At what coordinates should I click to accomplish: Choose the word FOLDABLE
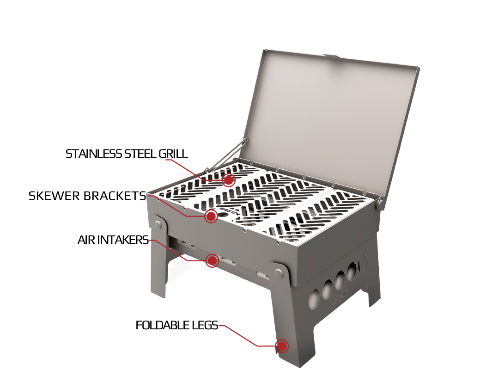point(163,325)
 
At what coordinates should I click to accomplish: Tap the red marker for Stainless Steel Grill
point(228,180)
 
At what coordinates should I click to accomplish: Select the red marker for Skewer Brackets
point(211,216)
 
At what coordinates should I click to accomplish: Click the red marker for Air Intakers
point(212,260)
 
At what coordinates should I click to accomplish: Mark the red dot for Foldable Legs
point(281,346)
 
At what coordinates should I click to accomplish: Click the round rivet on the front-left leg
point(158,224)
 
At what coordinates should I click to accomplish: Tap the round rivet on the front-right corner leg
point(279,272)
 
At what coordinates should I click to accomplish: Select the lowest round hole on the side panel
point(314,298)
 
